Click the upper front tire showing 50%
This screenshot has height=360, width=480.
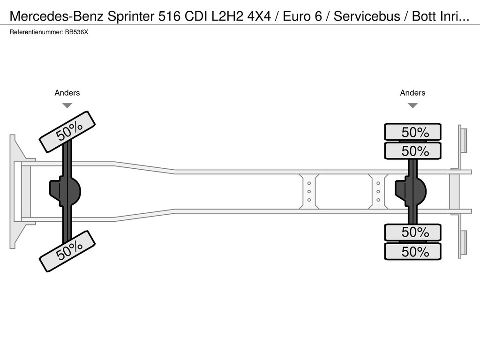coord(67,132)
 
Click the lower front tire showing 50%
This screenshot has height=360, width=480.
coord(67,251)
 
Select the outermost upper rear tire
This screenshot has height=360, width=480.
coord(412,132)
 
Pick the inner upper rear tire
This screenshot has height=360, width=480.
coord(412,151)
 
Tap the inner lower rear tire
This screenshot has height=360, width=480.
coord(412,232)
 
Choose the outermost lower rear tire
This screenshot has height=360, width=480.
coord(412,251)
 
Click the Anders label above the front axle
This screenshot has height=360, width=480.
coord(67,93)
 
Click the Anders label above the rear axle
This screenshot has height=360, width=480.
coord(412,93)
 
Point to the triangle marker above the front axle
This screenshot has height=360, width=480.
coord(67,105)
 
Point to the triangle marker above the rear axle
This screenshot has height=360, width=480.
coord(412,105)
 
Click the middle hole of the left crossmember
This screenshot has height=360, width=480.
coord(309,191)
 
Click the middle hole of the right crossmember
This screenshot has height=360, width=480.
coord(378,191)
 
